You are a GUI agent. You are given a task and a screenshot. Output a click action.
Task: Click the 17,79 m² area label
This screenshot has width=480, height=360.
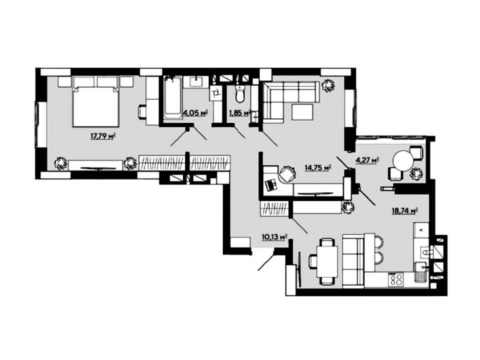coord(102,136)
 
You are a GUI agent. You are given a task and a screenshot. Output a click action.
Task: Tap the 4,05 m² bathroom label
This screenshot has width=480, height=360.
coord(195,112)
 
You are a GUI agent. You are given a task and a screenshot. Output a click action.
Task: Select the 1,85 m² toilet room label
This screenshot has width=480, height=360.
coord(240,112)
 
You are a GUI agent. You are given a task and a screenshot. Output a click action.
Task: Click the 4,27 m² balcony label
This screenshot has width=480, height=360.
coord(367,160)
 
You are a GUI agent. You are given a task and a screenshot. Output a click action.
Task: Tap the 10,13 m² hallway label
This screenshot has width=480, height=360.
coord(274,236)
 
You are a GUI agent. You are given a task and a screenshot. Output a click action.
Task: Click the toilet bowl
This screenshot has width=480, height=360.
coord(240,94)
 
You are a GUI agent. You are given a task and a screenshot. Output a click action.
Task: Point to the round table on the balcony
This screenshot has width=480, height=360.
coord(403,161)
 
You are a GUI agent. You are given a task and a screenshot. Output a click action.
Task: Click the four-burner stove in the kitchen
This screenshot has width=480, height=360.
coord(396,279)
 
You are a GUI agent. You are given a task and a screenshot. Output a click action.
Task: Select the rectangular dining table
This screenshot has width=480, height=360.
coord(327,261)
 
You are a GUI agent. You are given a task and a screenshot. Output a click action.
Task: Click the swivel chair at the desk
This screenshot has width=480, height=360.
coord(287,173)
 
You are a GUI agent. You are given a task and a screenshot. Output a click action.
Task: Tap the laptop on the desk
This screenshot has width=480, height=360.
coord(270,184)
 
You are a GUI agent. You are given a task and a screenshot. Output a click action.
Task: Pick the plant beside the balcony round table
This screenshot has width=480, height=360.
coord(416,174)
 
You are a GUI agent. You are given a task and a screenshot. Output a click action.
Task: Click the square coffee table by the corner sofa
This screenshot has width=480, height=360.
coord(302,112)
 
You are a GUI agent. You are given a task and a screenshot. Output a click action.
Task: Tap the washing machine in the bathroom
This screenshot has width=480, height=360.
coord(216,93)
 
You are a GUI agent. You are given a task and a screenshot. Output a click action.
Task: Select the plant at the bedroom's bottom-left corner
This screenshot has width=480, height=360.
coord(61,163)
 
